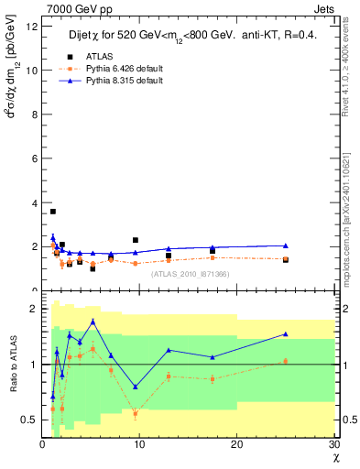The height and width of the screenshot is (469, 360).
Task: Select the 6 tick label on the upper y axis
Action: (35, 159)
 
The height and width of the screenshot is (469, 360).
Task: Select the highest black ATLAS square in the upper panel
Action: (53, 212)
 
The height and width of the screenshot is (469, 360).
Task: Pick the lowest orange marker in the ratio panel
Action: (136, 414)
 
